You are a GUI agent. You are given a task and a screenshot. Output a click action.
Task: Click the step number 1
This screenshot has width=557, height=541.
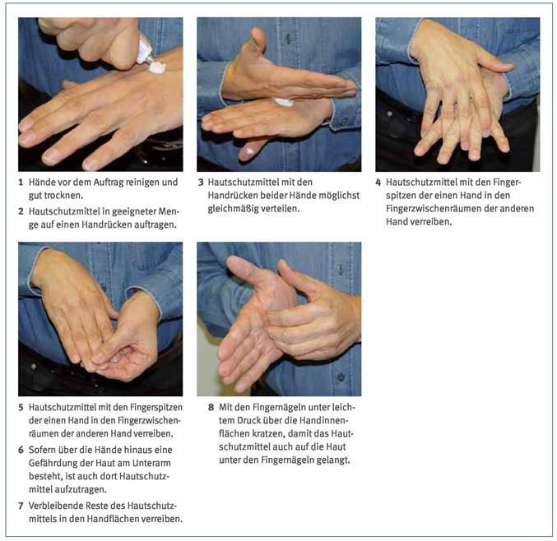tap(21, 183)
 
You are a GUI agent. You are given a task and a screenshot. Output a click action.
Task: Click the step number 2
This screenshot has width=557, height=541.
tap(21, 211)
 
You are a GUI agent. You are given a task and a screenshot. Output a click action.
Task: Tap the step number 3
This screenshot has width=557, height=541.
tap(201, 183)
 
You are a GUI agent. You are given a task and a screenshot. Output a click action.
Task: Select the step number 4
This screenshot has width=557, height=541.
tap(378, 183)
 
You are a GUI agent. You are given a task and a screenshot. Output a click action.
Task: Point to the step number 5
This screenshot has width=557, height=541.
tap(21, 408)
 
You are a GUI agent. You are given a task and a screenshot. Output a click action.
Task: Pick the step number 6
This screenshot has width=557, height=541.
tap(21, 450)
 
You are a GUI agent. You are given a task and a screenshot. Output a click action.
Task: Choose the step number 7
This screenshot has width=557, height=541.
tap(21, 506)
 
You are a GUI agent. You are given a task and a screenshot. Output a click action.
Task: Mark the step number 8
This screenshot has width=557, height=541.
tap(211, 408)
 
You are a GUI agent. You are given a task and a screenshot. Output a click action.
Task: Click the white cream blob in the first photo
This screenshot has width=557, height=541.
tap(157, 67)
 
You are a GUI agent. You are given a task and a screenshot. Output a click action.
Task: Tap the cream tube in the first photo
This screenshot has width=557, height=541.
tap(145, 50)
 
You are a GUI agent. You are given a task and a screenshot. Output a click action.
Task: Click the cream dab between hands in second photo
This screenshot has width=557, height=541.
tap(284, 102)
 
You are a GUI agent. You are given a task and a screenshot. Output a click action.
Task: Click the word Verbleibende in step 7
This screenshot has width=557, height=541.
tap(53, 506)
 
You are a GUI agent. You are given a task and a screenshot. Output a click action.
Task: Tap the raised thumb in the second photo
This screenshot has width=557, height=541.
tap(258, 43)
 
